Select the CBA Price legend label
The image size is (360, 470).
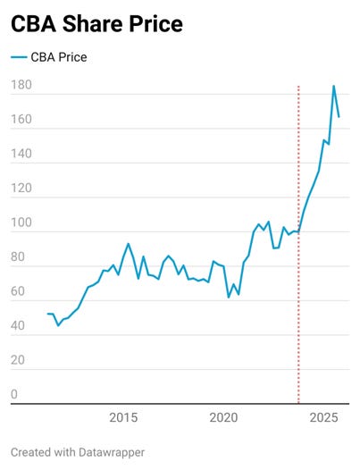point(59,58)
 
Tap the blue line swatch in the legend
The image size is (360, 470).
point(19,58)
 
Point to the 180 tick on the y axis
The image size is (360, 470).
point(21,86)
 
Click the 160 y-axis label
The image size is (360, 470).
point(21,120)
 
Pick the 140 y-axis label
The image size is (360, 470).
point(21,155)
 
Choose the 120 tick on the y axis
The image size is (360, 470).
point(21,189)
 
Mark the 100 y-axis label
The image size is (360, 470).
point(21,223)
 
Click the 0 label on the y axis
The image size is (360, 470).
point(14,395)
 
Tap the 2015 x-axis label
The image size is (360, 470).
point(123,417)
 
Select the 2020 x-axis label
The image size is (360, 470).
point(223,417)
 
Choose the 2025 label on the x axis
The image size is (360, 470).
point(323,417)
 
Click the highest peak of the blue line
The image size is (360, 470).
point(333,86)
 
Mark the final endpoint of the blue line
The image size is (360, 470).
point(339,117)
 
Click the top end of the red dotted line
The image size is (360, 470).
point(297,88)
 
